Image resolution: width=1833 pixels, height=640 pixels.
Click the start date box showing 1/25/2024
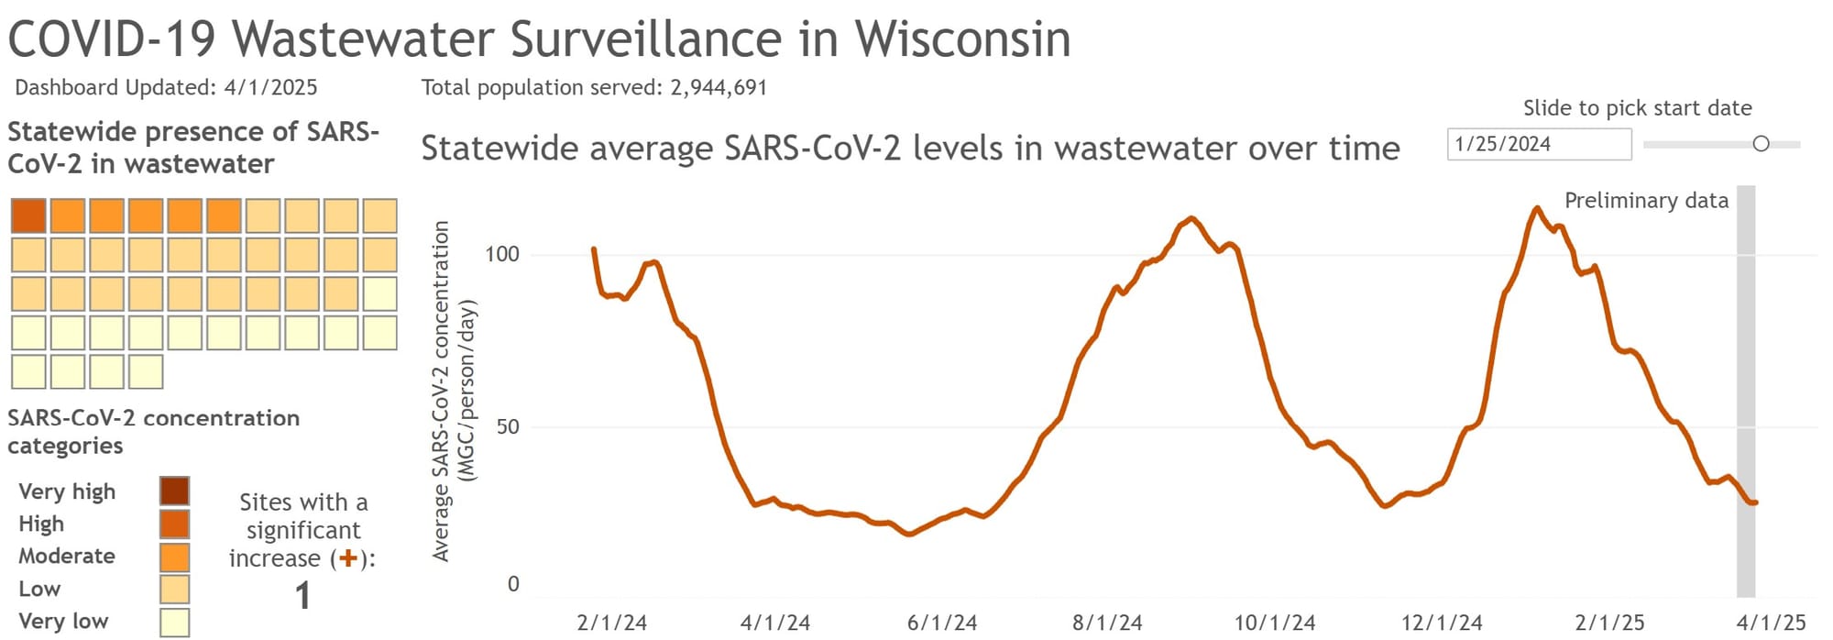1538,144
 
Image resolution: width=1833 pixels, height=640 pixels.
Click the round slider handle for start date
1761,144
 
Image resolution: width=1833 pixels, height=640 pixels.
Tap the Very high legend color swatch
174,491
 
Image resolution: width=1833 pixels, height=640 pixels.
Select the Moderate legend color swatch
174,557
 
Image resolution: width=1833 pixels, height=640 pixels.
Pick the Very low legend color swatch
174,622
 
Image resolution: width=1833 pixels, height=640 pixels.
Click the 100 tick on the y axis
502,254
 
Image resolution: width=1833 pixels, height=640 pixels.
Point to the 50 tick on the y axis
507,426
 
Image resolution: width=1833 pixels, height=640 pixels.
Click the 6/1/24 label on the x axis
941,623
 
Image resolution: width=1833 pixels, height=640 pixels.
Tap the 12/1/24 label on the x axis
1441,623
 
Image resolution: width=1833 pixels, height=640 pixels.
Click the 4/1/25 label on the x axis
1771,623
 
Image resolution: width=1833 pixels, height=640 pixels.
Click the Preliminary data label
1646,201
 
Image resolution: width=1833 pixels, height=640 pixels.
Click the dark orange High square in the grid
28,215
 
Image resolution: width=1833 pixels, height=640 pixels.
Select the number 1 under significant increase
302,596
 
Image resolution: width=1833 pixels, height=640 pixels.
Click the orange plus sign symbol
347,558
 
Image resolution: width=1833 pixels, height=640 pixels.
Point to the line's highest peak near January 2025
1537,208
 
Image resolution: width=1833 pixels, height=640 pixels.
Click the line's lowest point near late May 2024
909,534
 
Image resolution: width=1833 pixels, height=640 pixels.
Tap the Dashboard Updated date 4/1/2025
270,87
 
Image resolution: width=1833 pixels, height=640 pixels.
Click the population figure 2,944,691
719,87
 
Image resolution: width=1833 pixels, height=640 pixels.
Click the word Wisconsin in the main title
962,39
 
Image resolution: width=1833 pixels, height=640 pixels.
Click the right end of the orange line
1754,502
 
